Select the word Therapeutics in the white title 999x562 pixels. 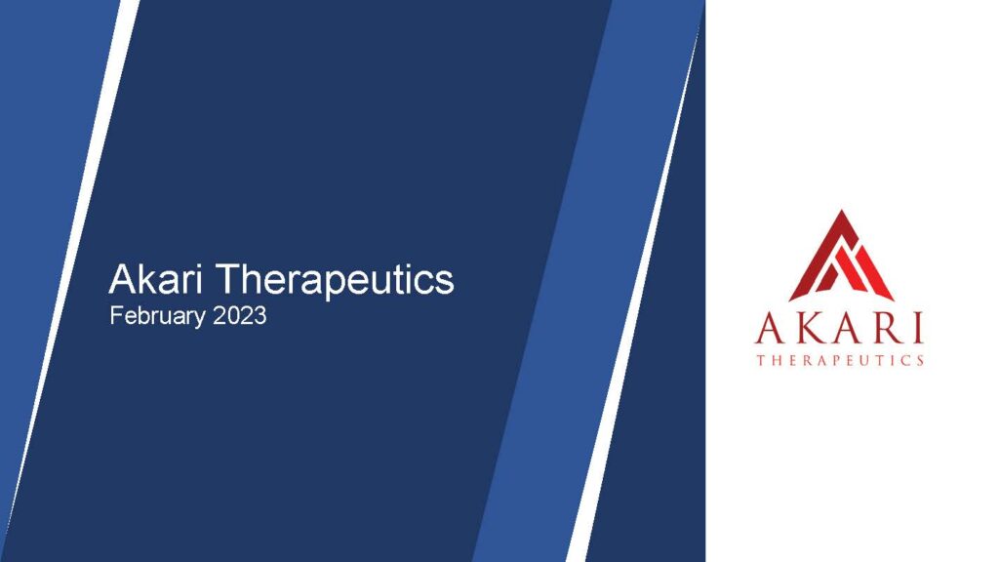click(335, 281)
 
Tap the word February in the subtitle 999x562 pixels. click(157, 317)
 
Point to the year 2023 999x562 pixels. click(239, 316)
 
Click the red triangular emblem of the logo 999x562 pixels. click(841, 257)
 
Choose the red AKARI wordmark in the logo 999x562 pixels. click(839, 328)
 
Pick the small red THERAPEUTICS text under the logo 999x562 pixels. click(840, 361)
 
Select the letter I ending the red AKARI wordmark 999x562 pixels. click(917, 328)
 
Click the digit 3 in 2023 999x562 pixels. click(260, 316)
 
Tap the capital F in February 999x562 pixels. click(115, 315)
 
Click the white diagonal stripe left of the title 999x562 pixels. click(69, 281)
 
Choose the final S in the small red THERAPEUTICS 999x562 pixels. click(920, 361)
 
